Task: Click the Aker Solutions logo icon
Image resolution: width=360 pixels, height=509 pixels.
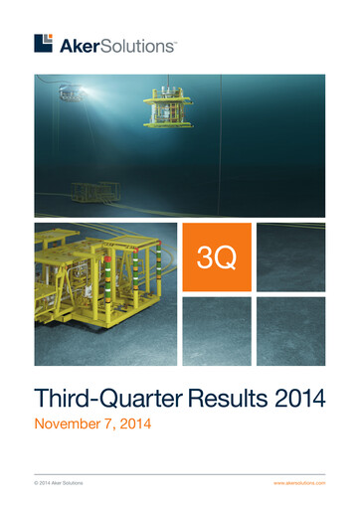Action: click(x=43, y=43)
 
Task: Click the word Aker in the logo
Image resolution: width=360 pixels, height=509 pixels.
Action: click(x=79, y=45)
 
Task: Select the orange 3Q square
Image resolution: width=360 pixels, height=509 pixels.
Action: click(x=216, y=257)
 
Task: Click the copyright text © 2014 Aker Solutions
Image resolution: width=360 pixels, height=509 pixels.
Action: click(x=59, y=482)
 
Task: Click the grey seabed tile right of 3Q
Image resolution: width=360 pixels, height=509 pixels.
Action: click(x=290, y=257)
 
